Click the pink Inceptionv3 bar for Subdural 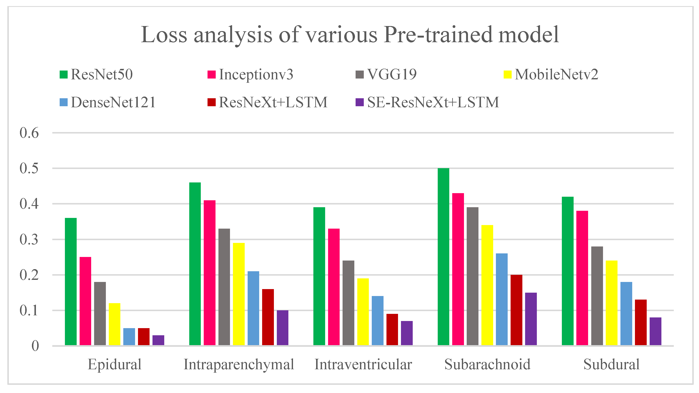[582, 278]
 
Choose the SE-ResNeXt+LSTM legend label [433, 102]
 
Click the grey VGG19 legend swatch [360, 75]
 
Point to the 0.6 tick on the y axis [29, 133]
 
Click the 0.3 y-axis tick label [29, 240]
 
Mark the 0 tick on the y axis [35, 346]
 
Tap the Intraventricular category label [363, 364]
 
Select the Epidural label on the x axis [114, 364]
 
